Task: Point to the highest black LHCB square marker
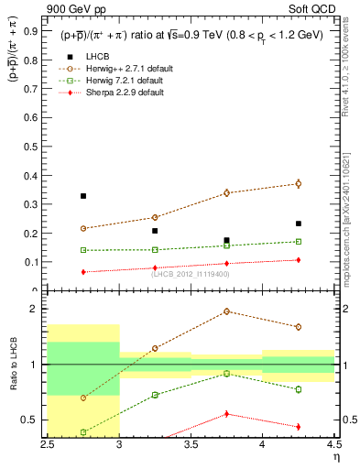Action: tap(83, 196)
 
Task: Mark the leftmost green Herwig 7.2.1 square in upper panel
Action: tap(83, 250)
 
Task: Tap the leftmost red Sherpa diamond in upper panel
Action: tap(83, 272)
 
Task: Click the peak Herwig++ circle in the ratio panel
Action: tap(226, 311)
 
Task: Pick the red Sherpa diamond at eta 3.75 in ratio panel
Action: tap(226, 414)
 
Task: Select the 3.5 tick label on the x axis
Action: tap(191, 444)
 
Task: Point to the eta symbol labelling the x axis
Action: tap(335, 455)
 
